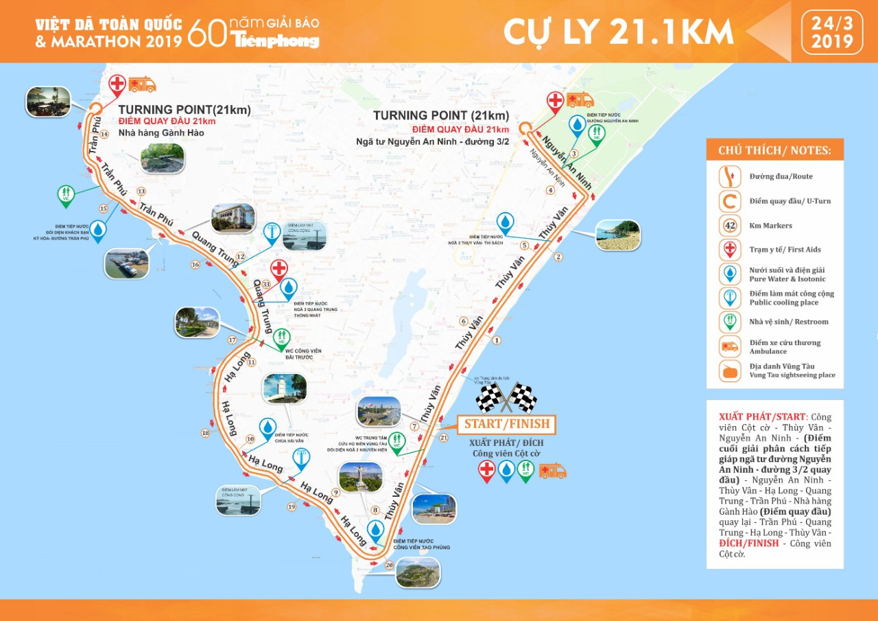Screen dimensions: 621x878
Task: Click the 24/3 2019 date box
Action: pyautogui.click(x=832, y=32)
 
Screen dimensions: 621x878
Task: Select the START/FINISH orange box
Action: pyautogui.click(x=506, y=424)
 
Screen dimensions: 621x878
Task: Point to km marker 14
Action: pyautogui.click(x=104, y=134)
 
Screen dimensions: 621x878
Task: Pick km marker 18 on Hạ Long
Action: pyautogui.click(x=205, y=432)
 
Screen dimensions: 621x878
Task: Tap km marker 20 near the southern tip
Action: pyautogui.click(x=390, y=565)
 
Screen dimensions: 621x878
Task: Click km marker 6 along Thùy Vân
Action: pyautogui.click(x=464, y=321)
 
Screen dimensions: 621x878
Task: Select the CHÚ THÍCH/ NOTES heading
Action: pyautogui.click(x=774, y=150)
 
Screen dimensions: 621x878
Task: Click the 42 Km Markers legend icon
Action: pyautogui.click(x=728, y=225)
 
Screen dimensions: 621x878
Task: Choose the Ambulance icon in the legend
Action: pyautogui.click(x=728, y=346)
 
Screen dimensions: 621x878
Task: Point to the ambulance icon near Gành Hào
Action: pyautogui.click(x=142, y=84)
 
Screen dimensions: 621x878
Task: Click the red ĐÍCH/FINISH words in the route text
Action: pyautogui.click(x=748, y=543)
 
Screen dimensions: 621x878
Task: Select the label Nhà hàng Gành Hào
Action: pyautogui.click(x=154, y=132)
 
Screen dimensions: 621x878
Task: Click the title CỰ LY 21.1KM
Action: pyautogui.click(x=618, y=32)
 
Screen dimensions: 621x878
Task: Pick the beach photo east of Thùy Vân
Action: pyautogui.click(x=617, y=235)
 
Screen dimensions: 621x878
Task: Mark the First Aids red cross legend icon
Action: pyautogui.click(x=728, y=249)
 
